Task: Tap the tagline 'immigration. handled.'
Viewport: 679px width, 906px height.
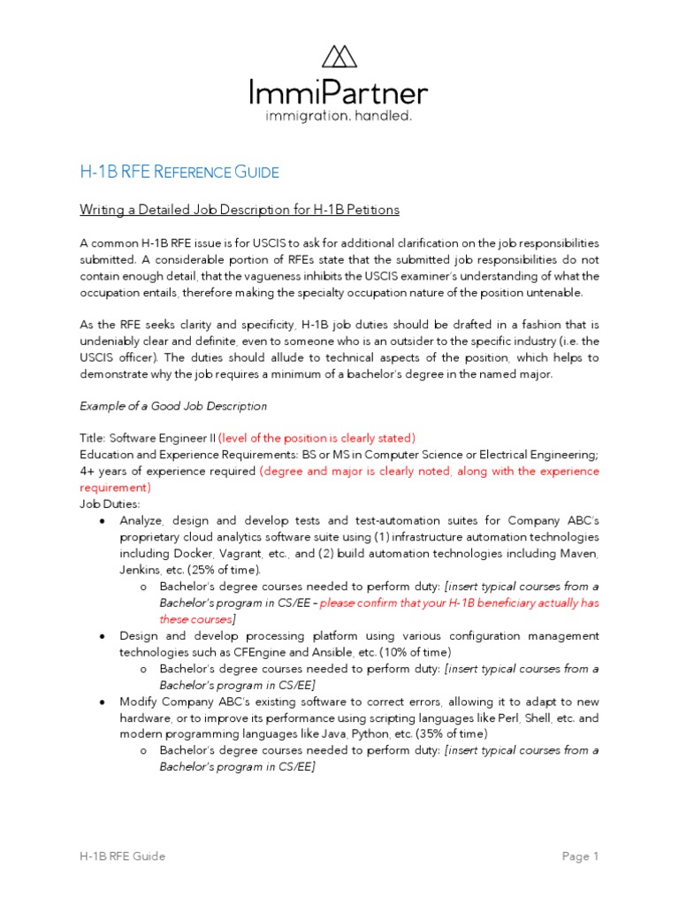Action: tap(339, 116)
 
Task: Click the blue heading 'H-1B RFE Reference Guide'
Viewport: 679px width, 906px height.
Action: tap(179, 171)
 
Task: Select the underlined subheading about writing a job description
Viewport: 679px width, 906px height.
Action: tap(240, 210)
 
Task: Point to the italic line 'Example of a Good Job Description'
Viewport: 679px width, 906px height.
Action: tap(173, 406)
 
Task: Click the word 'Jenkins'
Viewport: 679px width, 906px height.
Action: tap(141, 570)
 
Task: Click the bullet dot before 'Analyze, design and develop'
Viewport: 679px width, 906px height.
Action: tap(103, 520)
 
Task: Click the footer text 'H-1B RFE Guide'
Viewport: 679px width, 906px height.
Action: tap(121, 856)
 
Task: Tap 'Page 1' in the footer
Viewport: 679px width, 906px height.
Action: tap(581, 856)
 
